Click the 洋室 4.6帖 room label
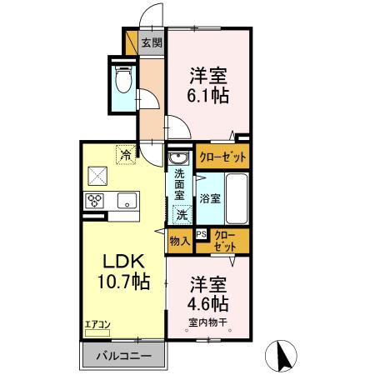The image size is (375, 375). tap(208, 291)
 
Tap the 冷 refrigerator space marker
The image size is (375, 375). tap(125, 154)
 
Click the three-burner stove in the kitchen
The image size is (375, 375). tap(93, 200)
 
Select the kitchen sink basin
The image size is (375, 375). tap(127, 200)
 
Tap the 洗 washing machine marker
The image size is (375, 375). tap(182, 214)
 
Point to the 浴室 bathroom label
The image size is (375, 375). tap(209, 198)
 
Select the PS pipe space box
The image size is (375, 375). tap(201, 235)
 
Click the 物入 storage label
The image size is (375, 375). tap(179, 242)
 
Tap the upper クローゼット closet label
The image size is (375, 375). tap(222, 156)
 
